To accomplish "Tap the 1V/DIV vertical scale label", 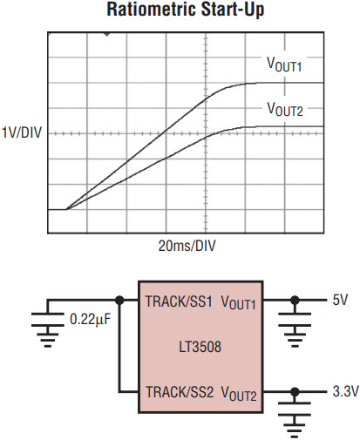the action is click(x=22, y=132).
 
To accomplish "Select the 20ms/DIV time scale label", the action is click(x=187, y=246).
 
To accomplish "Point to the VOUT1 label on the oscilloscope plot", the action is click(x=284, y=64).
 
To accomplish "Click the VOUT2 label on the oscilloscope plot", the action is click(x=285, y=109).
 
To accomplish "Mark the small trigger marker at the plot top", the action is click(x=107, y=34).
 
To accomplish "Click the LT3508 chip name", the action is click(x=200, y=347).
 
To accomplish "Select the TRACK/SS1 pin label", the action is click(x=179, y=301).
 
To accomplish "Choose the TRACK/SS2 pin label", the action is click(x=180, y=392).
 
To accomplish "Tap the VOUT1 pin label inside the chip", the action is click(x=239, y=302).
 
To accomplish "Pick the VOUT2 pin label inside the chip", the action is click(x=239, y=393).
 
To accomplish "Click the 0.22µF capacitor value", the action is click(x=91, y=320).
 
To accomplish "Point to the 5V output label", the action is click(x=340, y=300).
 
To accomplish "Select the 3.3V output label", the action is click(x=345, y=391).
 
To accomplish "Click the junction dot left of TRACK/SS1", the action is click(x=119, y=301).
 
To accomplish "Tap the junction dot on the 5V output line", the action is click(x=295, y=301).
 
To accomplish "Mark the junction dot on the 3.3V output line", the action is click(x=295, y=392).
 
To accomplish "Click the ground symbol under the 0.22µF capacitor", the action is click(x=48, y=337).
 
